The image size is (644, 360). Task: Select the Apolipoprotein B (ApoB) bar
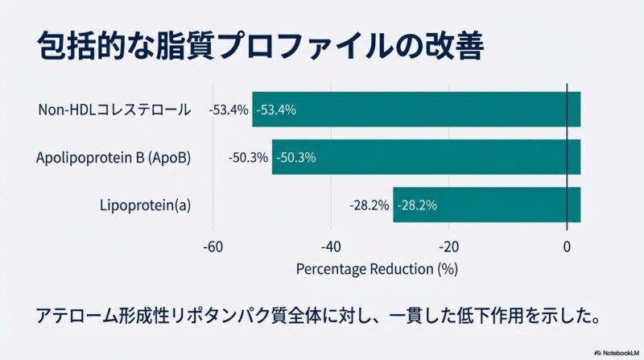tap(426, 158)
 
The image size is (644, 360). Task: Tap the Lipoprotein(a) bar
tap(486, 205)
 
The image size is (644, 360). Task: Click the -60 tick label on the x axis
tap(213, 246)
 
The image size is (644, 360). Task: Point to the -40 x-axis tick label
tap(331, 246)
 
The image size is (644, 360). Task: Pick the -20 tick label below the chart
tap(449, 246)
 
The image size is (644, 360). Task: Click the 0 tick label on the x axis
tap(567, 246)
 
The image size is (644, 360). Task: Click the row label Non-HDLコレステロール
tap(114, 110)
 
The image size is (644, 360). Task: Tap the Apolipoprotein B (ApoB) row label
tap(114, 158)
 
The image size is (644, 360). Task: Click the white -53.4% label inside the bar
tap(276, 110)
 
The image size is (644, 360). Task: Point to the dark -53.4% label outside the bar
tap(229, 110)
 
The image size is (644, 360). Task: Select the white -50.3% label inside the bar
tap(295, 158)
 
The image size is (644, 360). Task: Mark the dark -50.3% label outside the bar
tap(248, 158)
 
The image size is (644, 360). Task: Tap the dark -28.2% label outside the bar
tap(369, 205)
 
